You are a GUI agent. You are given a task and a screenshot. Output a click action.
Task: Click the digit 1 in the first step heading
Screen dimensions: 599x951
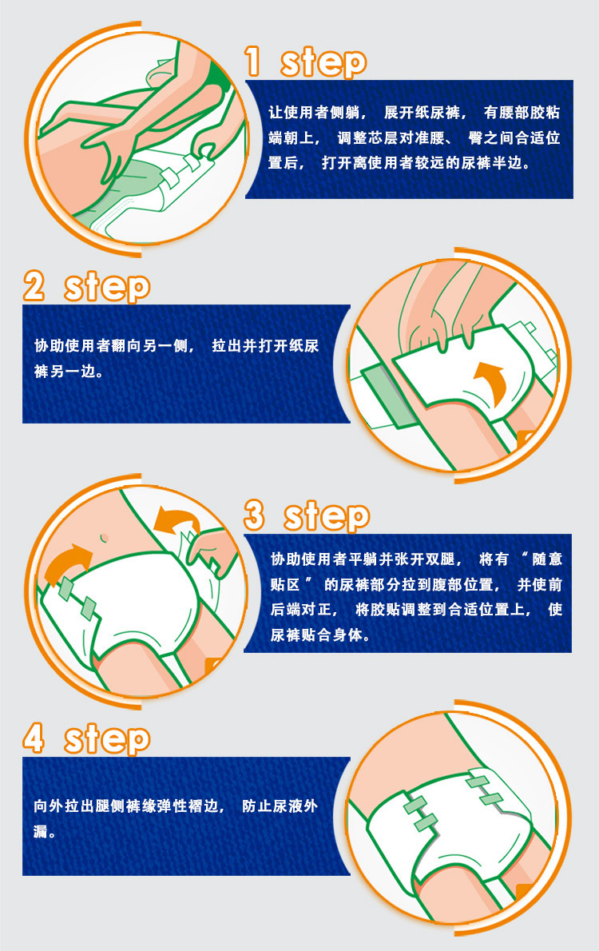pos(253,62)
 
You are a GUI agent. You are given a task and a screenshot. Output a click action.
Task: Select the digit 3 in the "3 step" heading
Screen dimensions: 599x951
pos(255,515)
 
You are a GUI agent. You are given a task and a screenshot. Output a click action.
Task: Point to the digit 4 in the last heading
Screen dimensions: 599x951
pos(34,738)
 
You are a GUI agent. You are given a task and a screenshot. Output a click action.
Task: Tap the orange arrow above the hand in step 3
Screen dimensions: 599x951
pos(176,520)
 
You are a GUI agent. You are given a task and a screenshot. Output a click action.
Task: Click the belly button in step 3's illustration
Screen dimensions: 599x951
pos(104,537)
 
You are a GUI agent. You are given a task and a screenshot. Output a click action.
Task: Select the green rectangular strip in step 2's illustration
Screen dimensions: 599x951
pos(387,390)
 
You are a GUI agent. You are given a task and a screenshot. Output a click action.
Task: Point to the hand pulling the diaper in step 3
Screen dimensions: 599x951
pos(209,550)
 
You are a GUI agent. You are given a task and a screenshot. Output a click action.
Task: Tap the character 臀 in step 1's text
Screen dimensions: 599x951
pos(475,137)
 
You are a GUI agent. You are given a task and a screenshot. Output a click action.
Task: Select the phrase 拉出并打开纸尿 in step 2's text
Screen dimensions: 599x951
pos(265,346)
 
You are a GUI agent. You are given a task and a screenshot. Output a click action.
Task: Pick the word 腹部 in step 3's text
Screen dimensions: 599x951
pos(446,585)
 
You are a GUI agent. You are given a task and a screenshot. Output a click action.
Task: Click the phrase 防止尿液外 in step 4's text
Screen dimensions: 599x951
pos(280,806)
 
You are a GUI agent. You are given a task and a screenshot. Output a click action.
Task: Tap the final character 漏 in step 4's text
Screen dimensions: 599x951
pos(41,831)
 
